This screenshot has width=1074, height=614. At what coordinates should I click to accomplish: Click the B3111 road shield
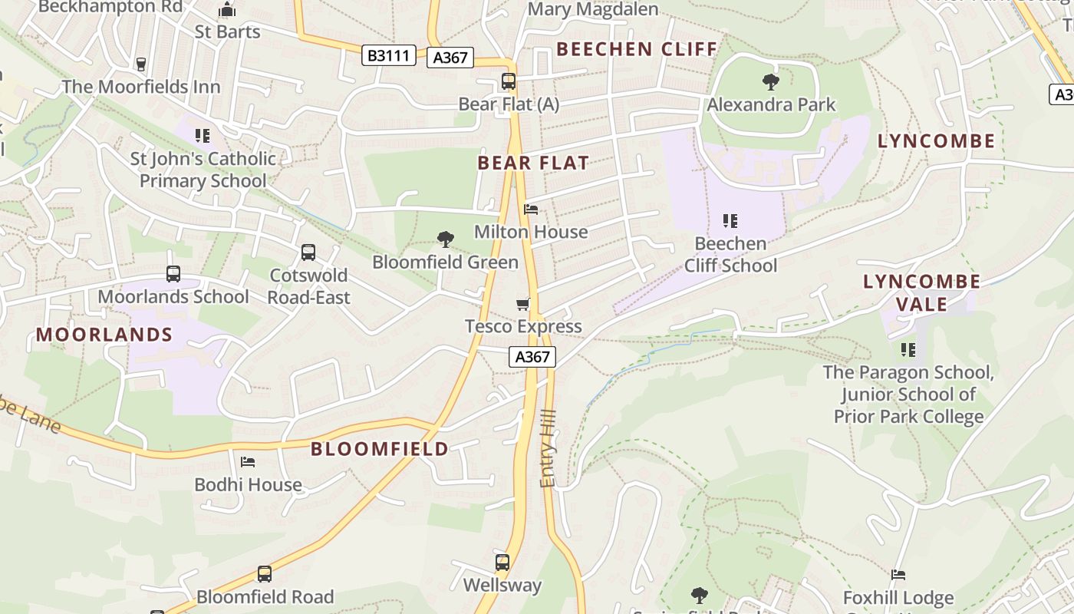pyautogui.click(x=388, y=55)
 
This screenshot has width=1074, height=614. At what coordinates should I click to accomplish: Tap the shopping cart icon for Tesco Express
pyautogui.click(x=523, y=304)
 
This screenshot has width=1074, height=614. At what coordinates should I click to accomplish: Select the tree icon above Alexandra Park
pyautogui.click(x=771, y=81)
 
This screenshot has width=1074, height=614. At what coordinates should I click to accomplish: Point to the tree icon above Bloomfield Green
pyautogui.click(x=445, y=239)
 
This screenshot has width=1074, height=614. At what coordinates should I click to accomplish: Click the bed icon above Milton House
pyautogui.click(x=530, y=209)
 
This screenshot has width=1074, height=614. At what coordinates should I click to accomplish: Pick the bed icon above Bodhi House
pyautogui.click(x=248, y=461)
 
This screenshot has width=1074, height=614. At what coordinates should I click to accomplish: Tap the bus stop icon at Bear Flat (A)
pyautogui.click(x=508, y=81)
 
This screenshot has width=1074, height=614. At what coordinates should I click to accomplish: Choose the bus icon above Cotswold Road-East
pyautogui.click(x=308, y=252)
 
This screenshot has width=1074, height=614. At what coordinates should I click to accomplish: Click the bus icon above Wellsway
pyautogui.click(x=502, y=563)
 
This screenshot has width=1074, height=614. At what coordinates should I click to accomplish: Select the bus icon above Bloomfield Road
pyautogui.click(x=265, y=574)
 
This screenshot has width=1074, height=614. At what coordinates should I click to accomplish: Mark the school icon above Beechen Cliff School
pyautogui.click(x=730, y=221)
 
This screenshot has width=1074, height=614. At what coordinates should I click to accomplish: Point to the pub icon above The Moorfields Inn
pyautogui.click(x=140, y=64)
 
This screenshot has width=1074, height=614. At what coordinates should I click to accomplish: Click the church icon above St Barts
pyautogui.click(x=227, y=10)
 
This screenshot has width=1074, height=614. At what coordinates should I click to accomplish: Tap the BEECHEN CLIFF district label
pyautogui.click(x=637, y=49)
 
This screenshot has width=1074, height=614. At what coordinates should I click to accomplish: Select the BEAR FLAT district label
pyautogui.click(x=533, y=163)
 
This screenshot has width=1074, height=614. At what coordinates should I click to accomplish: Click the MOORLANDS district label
pyautogui.click(x=104, y=335)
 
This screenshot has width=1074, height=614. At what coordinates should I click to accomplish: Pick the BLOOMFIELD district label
pyautogui.click(x=380, y=449)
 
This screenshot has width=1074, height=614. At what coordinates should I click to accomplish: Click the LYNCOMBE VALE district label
pyautogui.click(x=921, y=292)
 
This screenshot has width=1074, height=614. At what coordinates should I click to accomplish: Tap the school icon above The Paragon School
pyautogui.click(x=908, y=350)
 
